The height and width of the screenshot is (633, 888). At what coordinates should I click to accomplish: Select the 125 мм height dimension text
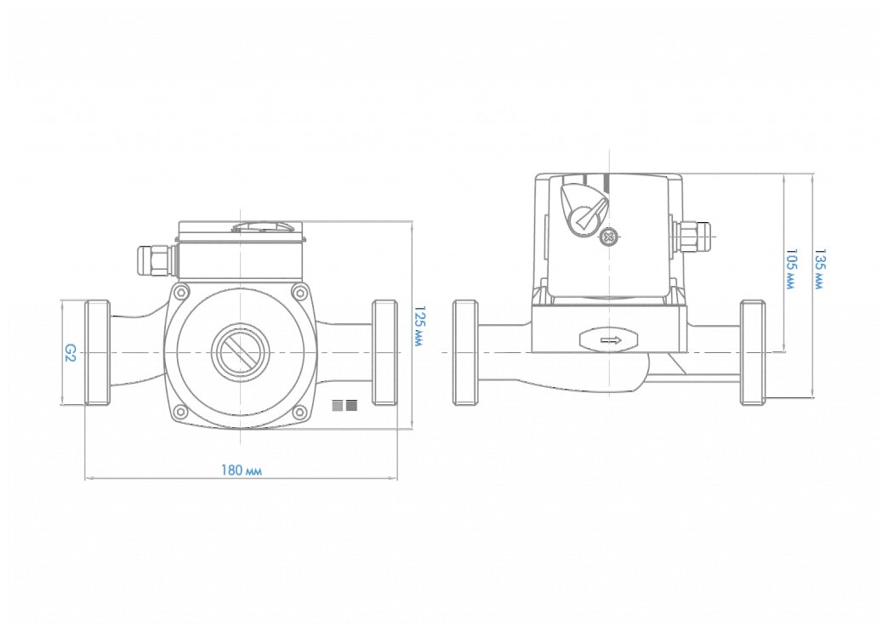coord(418,328)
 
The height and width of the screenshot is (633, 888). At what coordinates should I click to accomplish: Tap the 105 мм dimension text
coord(791,270)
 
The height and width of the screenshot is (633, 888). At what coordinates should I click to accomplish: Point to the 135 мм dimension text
coord(819,270)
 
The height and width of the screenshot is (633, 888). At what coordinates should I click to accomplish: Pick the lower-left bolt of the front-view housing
coord(180,413)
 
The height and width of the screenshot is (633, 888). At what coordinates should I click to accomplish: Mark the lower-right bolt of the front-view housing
coord(299,413)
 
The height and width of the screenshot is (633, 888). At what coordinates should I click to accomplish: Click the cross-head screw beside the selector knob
coord(607,237)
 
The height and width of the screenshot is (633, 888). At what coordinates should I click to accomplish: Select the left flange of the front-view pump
coord(97,352)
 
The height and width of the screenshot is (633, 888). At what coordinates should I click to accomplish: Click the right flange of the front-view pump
coord(385,352)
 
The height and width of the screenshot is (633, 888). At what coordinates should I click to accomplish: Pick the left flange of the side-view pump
coord(464,352)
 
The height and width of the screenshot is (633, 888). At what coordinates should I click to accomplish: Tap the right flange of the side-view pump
coord(752,352)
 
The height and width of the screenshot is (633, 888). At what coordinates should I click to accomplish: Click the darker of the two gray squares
coord(351,406)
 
